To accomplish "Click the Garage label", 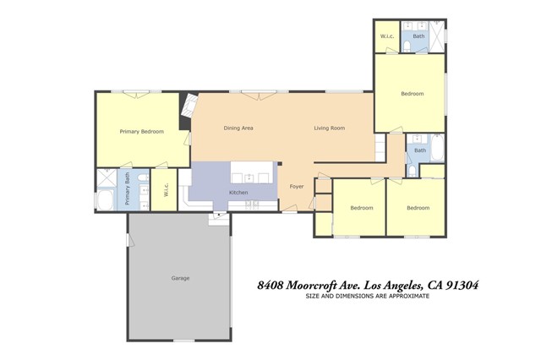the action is (180, 278).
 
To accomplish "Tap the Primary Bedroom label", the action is (142, 131).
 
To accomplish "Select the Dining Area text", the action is (238, 128).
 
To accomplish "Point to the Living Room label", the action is (330, 128).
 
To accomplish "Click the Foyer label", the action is (297, 187).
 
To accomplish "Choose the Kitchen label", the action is (238, 193).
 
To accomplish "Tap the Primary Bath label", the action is (128, 188).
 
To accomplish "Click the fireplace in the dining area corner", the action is (189, 106).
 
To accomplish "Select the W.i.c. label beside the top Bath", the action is (387, 36).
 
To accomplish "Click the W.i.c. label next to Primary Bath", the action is (166, 189).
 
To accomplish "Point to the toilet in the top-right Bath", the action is (407, 46).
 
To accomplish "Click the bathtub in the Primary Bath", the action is (105, 200).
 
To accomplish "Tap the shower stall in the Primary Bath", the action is (107, 177).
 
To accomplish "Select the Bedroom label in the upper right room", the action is (413, 94).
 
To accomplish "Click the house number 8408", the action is (270, 286).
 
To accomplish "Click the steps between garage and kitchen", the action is (219, 219).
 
